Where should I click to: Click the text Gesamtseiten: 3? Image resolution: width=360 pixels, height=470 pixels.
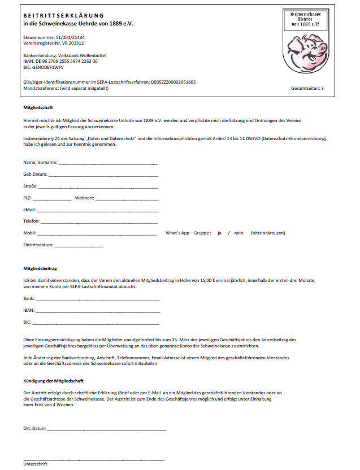[x=307, y=89]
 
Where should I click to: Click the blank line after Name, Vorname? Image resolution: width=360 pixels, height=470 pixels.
[x=108, y=163]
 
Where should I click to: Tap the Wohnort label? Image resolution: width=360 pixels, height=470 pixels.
[x=85, y=198]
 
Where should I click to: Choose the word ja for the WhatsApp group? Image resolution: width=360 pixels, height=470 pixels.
[x=219, y=233]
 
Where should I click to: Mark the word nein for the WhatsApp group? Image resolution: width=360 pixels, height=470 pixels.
[x=239, y=233]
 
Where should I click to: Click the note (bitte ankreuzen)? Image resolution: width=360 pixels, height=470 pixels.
[x=268, y=233]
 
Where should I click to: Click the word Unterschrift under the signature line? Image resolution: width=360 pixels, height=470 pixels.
[x=35, y=464]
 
